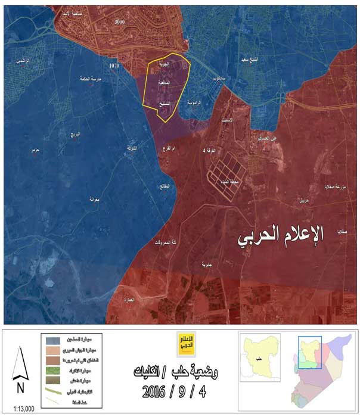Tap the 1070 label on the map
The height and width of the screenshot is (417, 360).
point(115,64)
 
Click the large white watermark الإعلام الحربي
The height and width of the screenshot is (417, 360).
point(281,236)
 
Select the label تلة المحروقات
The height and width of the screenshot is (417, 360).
point(165,242)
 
